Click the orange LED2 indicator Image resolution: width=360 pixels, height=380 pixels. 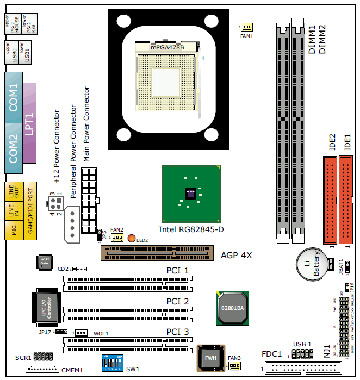click(x=131, y=238)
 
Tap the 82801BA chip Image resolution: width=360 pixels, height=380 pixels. click(x=232, y=307)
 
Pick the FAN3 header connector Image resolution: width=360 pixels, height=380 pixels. click(x=234, y=366)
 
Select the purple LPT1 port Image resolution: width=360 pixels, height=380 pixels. click(x=29, y=123)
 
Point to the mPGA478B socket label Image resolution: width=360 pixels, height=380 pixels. click(x=167, y=47)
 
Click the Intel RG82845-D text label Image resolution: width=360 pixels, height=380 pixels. click(x=191, y=229)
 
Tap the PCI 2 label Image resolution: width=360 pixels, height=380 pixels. click(x=177, y=301)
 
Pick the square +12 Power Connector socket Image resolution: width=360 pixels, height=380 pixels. click(x=55, y=205)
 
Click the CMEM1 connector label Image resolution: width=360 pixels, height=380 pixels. click(x=71, y=370)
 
